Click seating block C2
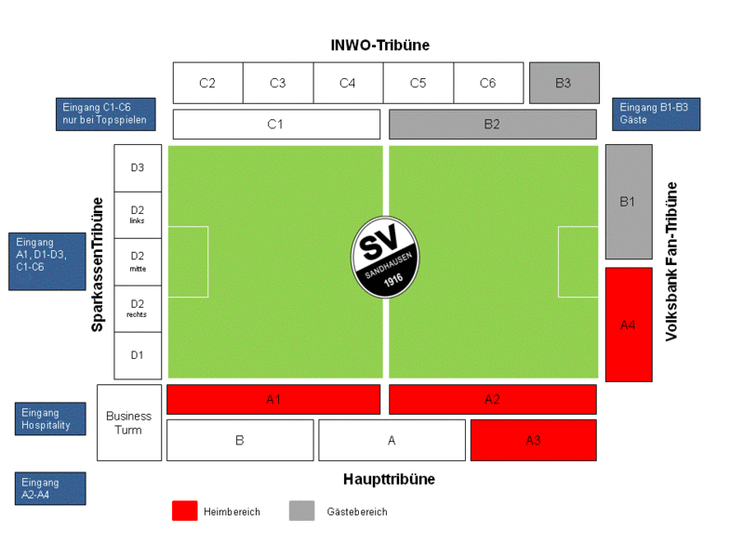coord(207,83)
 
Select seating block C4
coord(348,83)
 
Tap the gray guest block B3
coord(564,83)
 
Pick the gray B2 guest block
coord(492,124)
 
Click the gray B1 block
coord(629,201)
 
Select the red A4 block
coord(629,325)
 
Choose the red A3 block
coord(532,440)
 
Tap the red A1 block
coord(273,399)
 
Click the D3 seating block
coord(138,167)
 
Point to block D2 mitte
coord(138,261)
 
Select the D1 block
coord(138,355)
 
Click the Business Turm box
coord(129,422)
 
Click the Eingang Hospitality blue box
coord(50,418)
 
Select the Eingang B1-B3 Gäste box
coord(656,113)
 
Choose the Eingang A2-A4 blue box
coord(50,488)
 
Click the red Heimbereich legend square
coord(185,511)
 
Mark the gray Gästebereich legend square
coord(301,511)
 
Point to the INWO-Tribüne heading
coord(380,45)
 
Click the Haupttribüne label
coord(389,479)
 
